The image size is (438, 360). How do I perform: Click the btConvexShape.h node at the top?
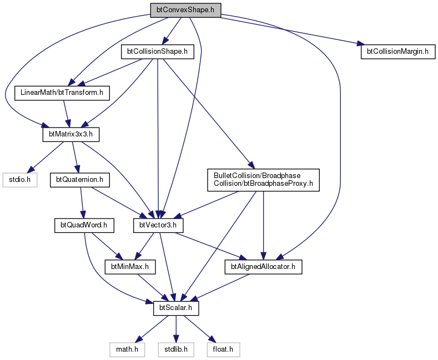(185, 10)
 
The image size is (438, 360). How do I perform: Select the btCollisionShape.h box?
(157, 52)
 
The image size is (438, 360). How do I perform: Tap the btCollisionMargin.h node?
(398, 52)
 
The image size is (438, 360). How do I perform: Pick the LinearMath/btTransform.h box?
(62, 93)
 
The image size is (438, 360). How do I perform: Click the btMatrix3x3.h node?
(71, 134)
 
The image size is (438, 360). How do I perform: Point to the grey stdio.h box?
(20, 180)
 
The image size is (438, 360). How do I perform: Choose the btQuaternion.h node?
(79, 180)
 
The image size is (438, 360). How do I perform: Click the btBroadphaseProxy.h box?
(263, 180)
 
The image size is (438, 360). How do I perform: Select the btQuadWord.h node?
(84, 225)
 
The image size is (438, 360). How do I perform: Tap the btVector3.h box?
(158, 225)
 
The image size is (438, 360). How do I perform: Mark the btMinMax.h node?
(130, 267)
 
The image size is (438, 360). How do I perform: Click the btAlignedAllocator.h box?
(263, 267)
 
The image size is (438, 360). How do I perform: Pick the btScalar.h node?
(176, 308)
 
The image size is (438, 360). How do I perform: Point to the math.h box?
(127, 349)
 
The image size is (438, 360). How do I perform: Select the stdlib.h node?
(176, 349)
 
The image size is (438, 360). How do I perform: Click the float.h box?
(223, 349)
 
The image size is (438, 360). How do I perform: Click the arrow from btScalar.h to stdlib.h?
(176, 329)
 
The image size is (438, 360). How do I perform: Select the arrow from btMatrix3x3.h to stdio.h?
(46, 157)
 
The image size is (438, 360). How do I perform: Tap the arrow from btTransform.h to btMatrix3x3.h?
(66, 114)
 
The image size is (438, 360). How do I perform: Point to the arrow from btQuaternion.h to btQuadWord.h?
(82, 202)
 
